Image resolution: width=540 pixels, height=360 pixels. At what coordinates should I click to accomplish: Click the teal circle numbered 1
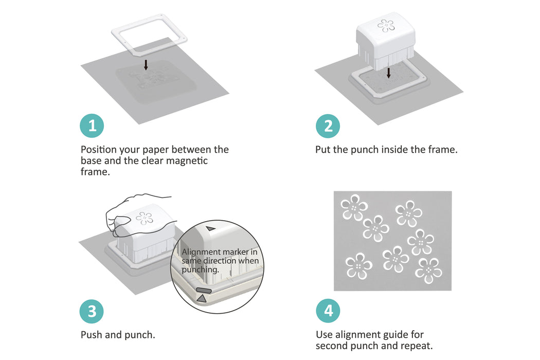click(92, 125)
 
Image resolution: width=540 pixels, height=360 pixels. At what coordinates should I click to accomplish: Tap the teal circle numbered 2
click(328, 126)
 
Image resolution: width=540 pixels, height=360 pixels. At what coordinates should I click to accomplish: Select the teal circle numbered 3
click(92, 312)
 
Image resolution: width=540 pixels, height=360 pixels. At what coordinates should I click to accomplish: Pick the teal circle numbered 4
click(328, 311)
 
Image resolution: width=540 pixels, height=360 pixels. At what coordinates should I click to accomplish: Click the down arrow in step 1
click(146, 65)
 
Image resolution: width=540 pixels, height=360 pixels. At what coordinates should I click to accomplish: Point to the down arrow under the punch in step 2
click(389, 73)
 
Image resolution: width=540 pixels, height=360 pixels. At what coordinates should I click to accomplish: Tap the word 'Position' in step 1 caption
click(99, 150)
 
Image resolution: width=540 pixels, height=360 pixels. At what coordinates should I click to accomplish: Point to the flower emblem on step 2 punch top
click(386, 26)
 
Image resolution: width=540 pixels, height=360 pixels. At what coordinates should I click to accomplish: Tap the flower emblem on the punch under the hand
click(145, 218)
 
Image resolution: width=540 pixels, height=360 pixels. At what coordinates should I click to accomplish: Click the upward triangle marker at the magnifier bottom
click(202, 298)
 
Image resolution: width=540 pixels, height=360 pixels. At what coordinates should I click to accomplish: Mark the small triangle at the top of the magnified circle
click(210, 228)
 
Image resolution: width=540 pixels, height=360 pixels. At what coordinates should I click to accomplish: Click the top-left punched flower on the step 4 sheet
click(354, 208)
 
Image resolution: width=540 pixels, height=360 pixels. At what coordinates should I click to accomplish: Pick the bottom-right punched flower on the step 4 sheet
click(428, 271)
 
